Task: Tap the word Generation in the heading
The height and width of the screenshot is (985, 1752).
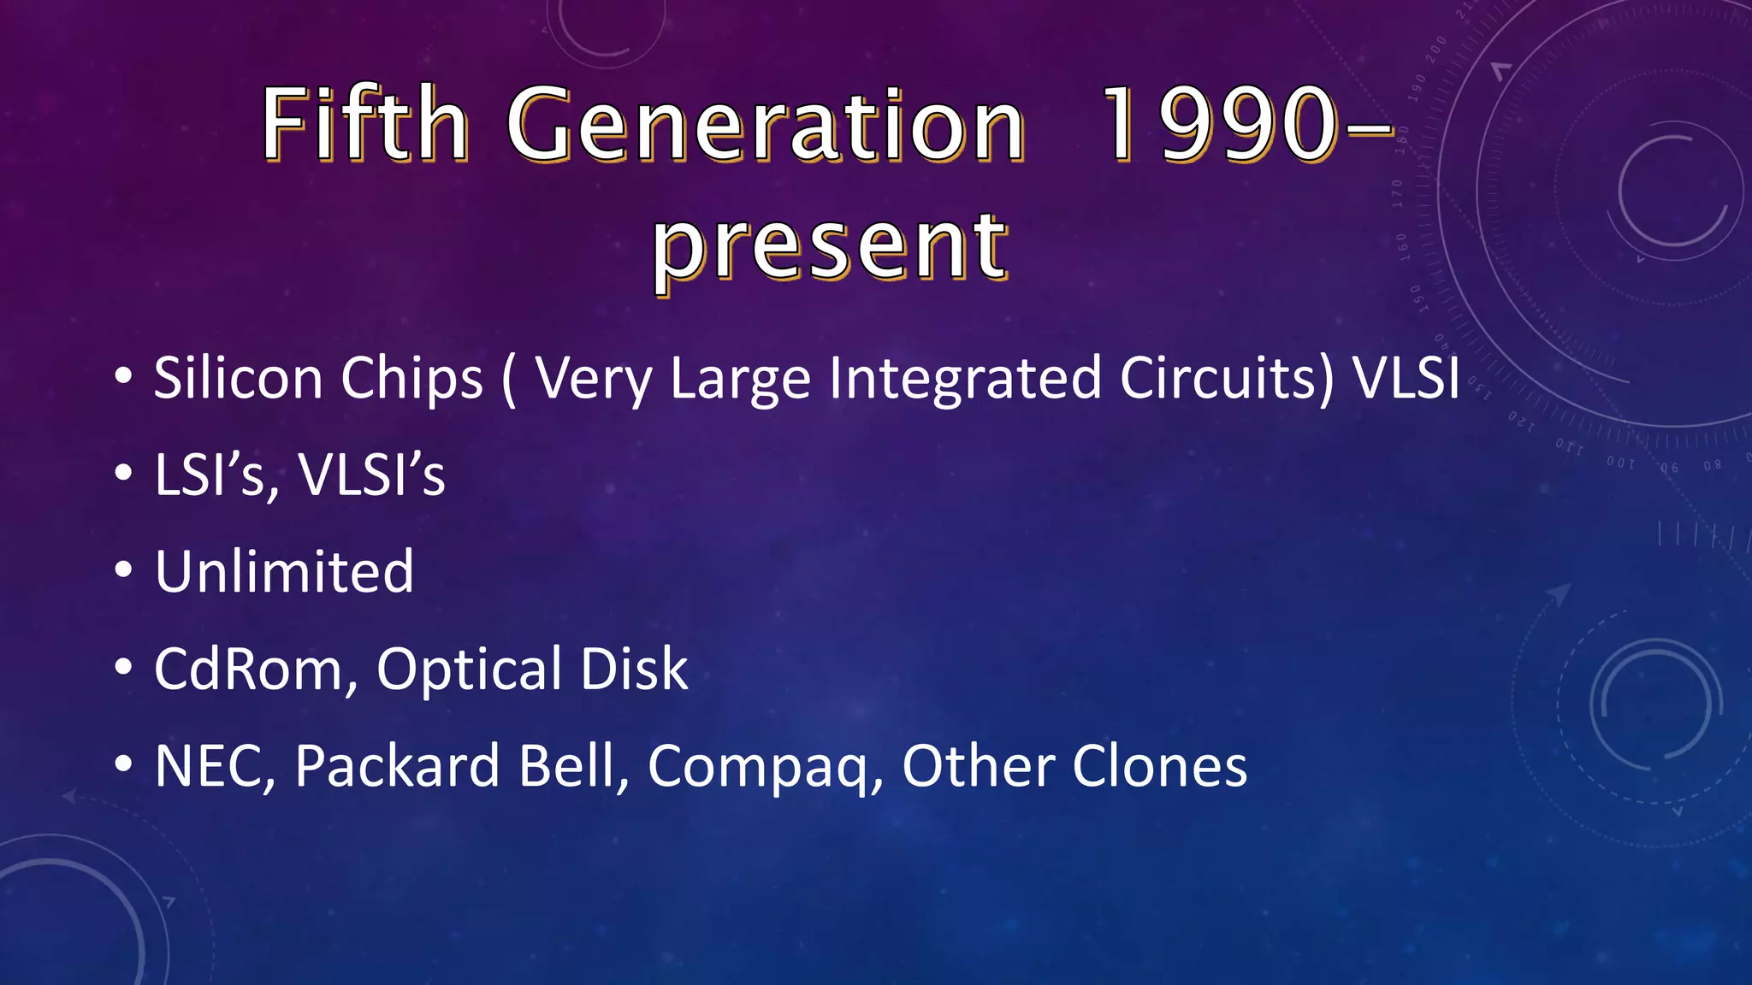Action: click(766, 127)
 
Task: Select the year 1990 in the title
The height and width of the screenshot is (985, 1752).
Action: click(1218, 127)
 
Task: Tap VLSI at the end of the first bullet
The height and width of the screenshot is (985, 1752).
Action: click(1406, 378)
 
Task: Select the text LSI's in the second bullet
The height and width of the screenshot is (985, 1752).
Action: click(210, 475)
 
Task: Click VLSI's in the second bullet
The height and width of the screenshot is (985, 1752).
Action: click(371, 475)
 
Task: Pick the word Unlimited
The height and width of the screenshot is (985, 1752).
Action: click(284, 571)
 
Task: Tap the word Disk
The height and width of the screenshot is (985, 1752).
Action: click(633, 669)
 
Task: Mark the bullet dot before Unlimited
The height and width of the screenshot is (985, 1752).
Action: click(123, 570)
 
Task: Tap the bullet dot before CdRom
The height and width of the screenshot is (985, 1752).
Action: click(123, 668)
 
